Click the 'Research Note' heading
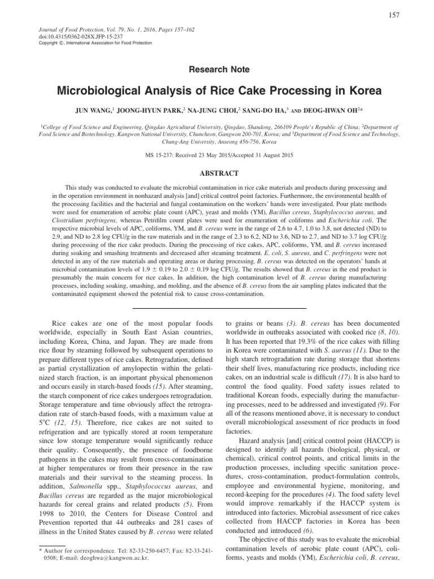(216, 69)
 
